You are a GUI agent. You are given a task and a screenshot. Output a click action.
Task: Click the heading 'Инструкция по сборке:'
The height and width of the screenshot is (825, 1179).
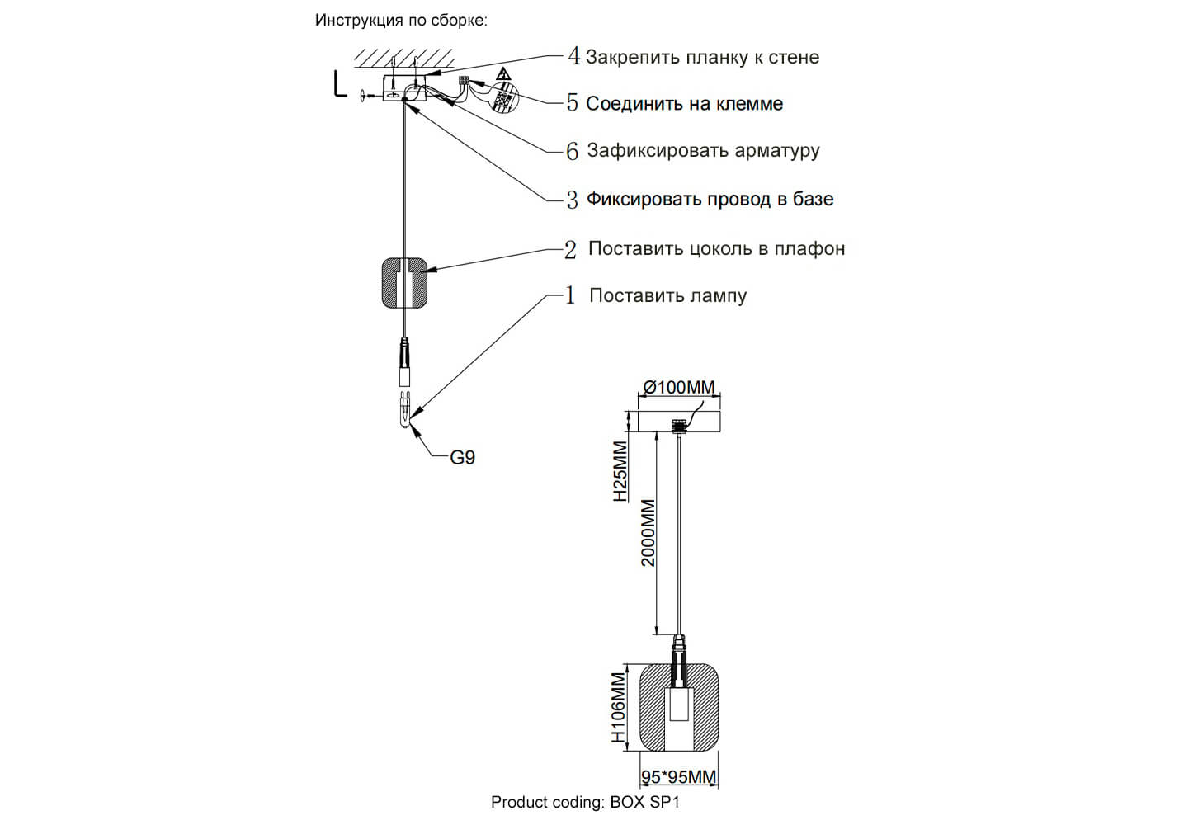pyautogui.click(x=401, y=21)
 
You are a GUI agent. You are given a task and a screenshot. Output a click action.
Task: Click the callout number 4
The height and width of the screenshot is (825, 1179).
pyautogui.click(x=574, y=56)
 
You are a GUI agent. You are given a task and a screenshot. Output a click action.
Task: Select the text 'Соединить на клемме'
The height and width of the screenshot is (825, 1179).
pyautogui.click(x=684, y=104)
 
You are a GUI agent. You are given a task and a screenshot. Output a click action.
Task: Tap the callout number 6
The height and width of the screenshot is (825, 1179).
pyautogui.click(x=573, y=151)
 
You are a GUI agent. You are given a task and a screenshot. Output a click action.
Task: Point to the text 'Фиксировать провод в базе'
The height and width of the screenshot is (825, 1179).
pyautogui.click(x=710, y=199)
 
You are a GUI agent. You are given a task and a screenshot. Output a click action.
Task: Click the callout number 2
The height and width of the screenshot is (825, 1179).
pyautogui.click(x=570, y=249)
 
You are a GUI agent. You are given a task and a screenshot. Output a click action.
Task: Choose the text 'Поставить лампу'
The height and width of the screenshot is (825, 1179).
pyautogui.click(x=667, y=295)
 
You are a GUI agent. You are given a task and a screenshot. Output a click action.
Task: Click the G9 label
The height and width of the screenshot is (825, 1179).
pyautogui.click(x=462, y=458)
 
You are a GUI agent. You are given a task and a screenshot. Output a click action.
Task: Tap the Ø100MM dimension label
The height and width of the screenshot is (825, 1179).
pyautogui.click(x=679, y=387)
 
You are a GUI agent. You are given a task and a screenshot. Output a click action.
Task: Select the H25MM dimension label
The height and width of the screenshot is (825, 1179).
pyautogui.click(x=620, y=472)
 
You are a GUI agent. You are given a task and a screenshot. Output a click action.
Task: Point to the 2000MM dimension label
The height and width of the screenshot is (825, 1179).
pyautogui.click(x=648, y=532)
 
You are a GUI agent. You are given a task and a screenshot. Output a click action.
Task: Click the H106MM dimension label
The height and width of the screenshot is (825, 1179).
pyautogui.click(x=619, y=708)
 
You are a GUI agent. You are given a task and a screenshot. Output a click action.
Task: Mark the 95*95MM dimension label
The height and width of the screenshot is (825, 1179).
pyautogui.click(x=679, y=777)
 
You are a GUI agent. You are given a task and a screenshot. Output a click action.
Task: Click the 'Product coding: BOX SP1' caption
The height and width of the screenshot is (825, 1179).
pyautogui.click(x=585, y=802)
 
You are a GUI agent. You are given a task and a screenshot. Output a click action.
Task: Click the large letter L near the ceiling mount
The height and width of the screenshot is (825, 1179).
pyautogui.click(x=339, y=84)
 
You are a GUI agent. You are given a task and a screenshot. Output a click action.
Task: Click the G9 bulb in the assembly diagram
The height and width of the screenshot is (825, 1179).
pyautogui.click(x=404, y=410)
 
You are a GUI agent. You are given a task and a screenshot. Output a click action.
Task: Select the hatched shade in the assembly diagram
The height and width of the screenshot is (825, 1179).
pyautogui.click(x=404, y=283)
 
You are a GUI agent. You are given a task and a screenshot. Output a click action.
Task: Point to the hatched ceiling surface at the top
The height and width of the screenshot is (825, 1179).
pyautogui.click(x=404, y=58)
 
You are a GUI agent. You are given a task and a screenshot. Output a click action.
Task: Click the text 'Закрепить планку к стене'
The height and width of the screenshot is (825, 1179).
pyautogui.click(x=702, y=58)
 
